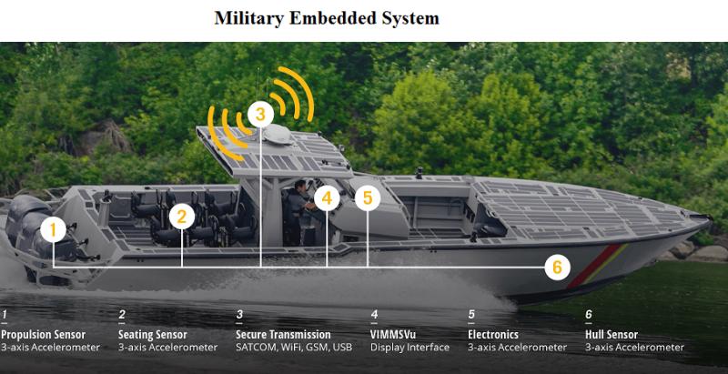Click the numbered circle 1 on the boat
click(x=53, y=229)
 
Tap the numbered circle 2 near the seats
click(x=181, y=217)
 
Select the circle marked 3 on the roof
click(x=260, y=114)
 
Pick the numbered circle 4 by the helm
click(x=327, y=198)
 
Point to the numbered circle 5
click(x=368, y=198)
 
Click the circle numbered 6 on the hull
click(x=557, y=268)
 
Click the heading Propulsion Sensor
click(x=43, y=335)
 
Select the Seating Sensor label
click(x=153, y=335)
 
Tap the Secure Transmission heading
click(x=283, y=335)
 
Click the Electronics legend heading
click(x=493, y=335)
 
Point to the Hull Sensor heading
click(x=612, y=335)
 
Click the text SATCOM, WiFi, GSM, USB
click(x=294, y=347)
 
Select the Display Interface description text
click(x=410, y=347)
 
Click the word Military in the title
click(x=248, y=18)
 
